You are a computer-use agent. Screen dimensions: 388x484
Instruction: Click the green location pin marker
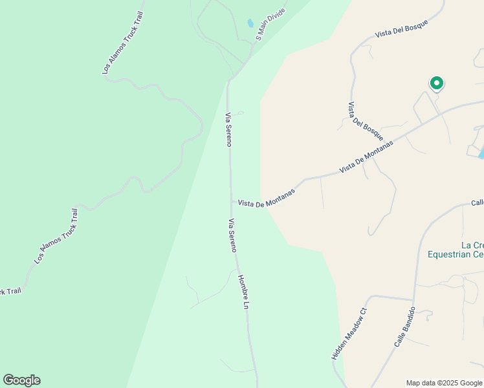[437, 83]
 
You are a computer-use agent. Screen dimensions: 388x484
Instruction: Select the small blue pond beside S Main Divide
[250, 24]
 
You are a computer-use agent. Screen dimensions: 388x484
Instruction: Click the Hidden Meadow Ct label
[349, 334]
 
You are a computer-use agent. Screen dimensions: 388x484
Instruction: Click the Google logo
[21, 380]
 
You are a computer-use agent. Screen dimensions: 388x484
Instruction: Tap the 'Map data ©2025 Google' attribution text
[444, 383]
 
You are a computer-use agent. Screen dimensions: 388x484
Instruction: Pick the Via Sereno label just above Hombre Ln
[232, 235]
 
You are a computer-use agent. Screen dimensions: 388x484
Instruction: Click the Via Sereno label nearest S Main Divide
[228, 129]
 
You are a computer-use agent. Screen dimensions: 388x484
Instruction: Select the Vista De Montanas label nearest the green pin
[366, 157]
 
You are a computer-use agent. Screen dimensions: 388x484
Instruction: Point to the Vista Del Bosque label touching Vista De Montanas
[366, 122]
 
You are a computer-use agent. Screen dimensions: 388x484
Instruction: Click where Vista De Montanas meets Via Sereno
[232, 202]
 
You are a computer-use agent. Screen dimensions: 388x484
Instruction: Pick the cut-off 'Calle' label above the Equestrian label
[477, 203]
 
